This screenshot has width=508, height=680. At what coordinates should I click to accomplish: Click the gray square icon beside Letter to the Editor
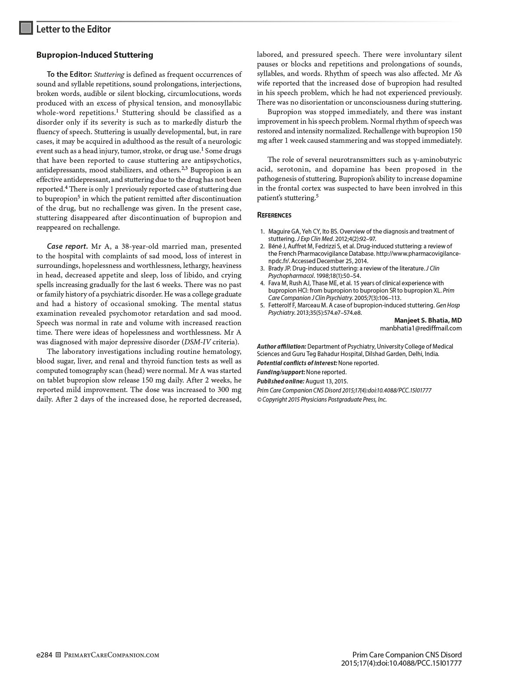click(26, 28)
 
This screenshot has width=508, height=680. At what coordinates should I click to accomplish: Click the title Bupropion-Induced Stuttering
click(95, 55)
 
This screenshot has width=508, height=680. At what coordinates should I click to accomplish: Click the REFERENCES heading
click(274, 215)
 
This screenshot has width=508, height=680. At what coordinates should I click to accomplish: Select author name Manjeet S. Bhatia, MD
click(428, 320)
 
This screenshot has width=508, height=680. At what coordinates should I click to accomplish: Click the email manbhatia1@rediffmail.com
click(421, 328)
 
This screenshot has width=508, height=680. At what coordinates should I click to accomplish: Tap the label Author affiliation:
click(281, 347)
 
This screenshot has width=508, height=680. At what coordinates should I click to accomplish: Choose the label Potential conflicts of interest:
click(297, 363)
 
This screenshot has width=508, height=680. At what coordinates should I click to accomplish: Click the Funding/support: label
click(280, 372)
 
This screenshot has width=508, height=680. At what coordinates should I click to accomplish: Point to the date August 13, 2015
click(327, 381)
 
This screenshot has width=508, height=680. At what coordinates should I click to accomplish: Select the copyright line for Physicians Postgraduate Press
click(322, 399)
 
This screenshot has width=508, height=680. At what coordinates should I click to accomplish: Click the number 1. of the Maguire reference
click(262, 231)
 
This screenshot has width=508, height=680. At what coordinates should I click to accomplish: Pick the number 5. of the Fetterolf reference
click(262, 305)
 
